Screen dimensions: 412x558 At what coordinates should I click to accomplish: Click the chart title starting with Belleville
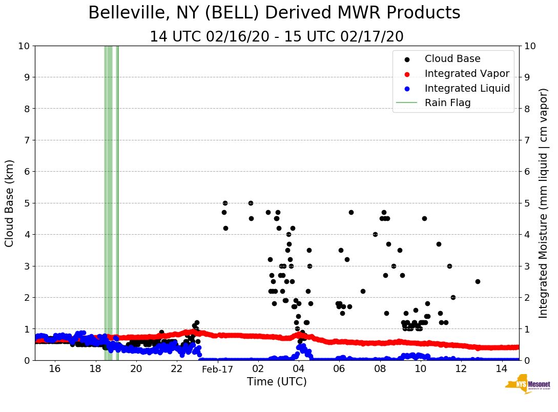[274, 13]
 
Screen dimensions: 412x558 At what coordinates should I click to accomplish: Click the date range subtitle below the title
[276, 37]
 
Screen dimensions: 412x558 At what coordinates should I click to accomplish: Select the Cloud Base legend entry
[452, 59]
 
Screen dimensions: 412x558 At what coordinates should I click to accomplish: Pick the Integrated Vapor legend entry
[467, 73]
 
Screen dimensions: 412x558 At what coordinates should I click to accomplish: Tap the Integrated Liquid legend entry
[467, 88]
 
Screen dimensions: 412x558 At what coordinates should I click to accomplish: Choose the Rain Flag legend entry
[447, 102]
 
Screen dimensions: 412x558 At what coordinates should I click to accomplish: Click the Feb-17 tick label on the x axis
[217, 369]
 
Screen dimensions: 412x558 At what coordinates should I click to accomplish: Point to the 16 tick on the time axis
[55, 369]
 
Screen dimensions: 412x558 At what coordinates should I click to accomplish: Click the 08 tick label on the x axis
[380, 369]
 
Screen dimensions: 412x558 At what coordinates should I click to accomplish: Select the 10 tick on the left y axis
[24, 46]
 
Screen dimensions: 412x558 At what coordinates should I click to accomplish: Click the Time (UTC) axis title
[277, 382]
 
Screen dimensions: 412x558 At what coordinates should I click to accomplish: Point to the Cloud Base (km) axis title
[10, 203]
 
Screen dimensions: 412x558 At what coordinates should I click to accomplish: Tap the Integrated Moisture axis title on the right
[544, 203]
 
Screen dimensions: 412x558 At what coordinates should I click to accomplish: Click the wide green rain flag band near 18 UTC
[108, 203]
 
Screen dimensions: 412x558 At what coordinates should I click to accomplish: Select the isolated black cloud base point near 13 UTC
[478, 281]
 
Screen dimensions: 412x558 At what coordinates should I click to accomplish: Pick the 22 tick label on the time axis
[177, 369]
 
